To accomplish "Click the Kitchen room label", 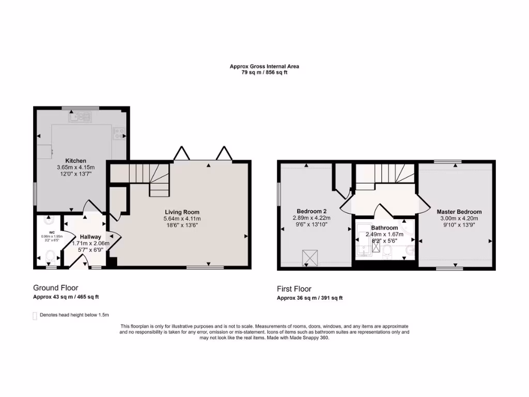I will [75, 161].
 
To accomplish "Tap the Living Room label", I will [182, 212].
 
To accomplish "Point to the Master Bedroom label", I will [459, 212].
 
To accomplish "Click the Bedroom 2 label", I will [312, 211].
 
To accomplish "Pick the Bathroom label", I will [384, 228].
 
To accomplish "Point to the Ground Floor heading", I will [55, 288].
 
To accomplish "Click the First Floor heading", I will [294, 289].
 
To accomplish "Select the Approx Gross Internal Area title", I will [264, 66].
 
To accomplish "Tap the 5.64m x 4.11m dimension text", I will [182, 219].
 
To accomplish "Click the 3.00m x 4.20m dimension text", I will [459, 219].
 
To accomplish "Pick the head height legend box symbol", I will [35, 315].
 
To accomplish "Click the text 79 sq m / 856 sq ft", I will [264, 72].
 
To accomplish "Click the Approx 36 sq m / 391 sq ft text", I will [309, 298].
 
